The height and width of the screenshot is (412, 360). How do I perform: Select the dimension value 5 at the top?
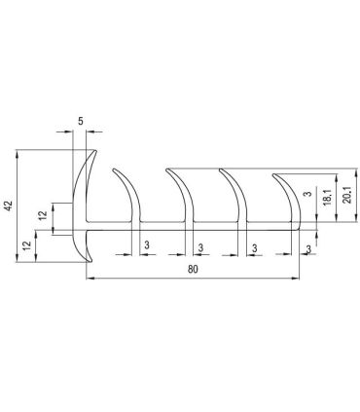tap(80, 124)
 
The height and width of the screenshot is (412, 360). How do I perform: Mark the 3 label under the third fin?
tap(254, 246)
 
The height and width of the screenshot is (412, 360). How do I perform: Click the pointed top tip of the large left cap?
tap(94, 148)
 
